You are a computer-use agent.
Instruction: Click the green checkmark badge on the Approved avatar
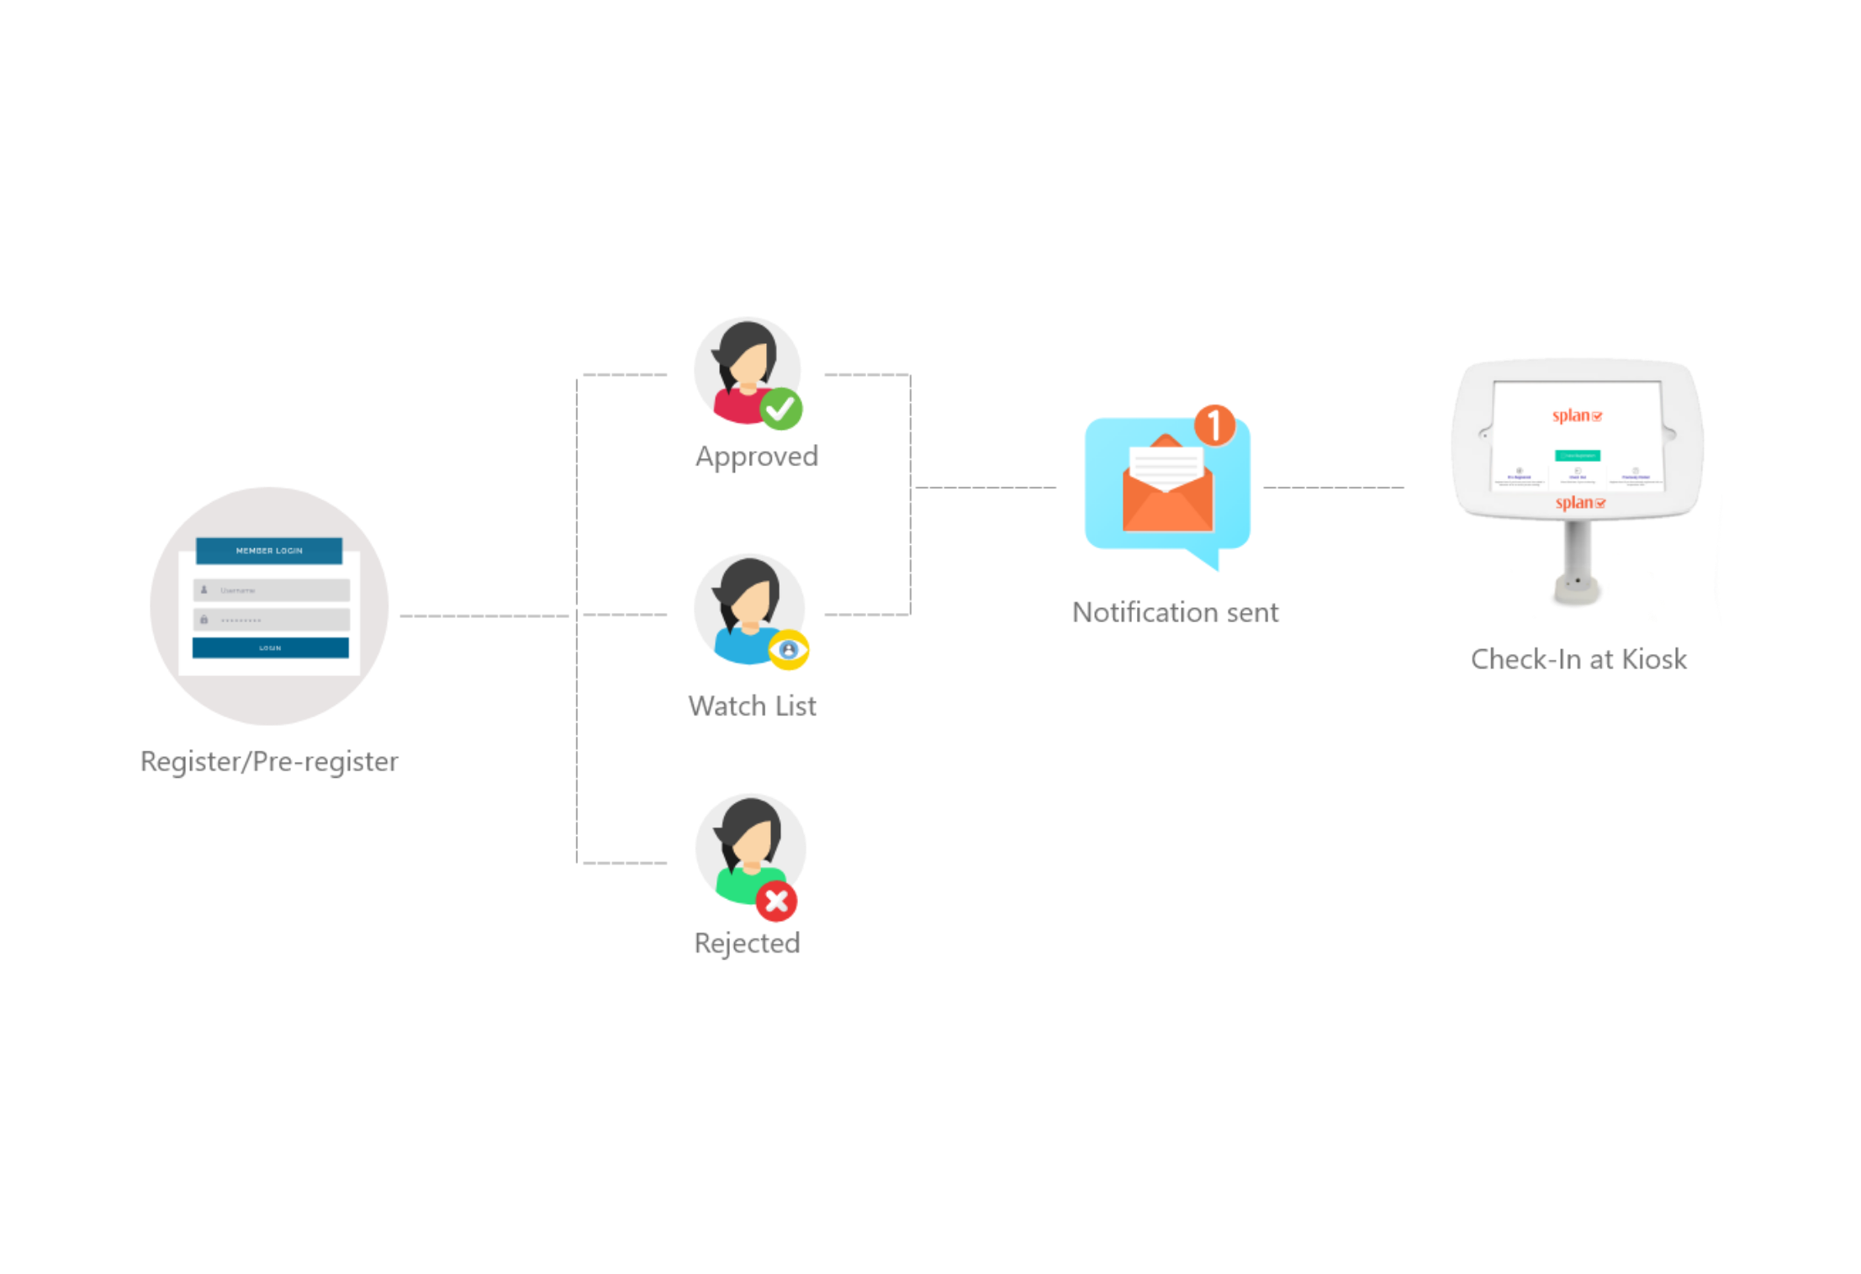pyautogui.click(x=781, y=410)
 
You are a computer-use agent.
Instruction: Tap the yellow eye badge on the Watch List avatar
pyautogui.click(x=789, y=650)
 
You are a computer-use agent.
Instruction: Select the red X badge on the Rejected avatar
pyautogui.click(x=776, y=901)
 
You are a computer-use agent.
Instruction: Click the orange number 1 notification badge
pyautogui.click(x=1214, y=425)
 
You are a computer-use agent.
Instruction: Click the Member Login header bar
pyautogui.click(x=269, y=551)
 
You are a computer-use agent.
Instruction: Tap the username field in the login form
pyautogui.click(x=271, y=590)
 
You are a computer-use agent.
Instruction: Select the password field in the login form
pyautogui.click(x=271, y=620)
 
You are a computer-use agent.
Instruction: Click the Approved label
pyautogui.click(x=757, y=457)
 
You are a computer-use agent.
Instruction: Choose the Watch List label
pyautogui.click(x=752, y=706)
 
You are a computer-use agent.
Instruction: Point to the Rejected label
pyautogui.click(x=747, y=944)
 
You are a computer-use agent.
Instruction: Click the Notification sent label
pyautogui.click(x=1176, y=612)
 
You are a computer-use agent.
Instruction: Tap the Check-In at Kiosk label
pyautogui.click(x=1578, y=659)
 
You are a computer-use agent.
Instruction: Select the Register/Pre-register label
pyautogui.click(x=269, y=762)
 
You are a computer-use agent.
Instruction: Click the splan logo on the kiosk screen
pyautogui.click(x=1577, y=416)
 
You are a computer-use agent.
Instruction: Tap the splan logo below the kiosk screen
pyautogui.click(x=1579, y=504)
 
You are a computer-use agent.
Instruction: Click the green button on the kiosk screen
pyautogui.click(x=1578, y=456)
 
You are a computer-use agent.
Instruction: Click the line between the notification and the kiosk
pyautogui.click(x=1334, y=487)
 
